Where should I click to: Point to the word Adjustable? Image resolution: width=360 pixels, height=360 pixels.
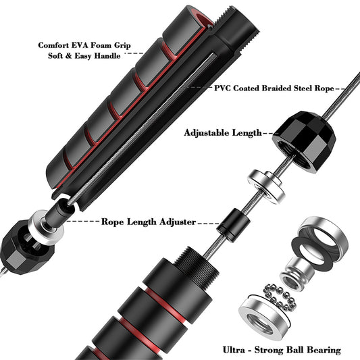click(x=209, y=133)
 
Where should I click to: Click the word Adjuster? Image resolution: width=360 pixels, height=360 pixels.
click(x=177, y=221)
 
